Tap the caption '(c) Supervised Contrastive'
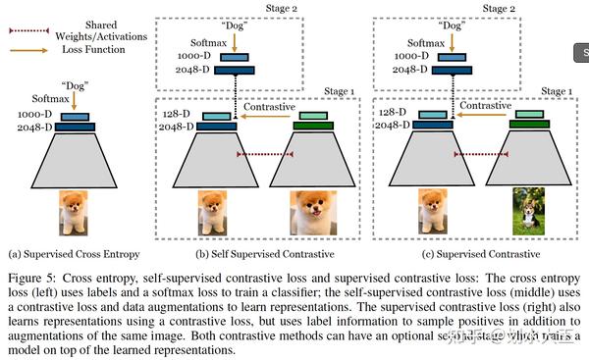coord(459,253)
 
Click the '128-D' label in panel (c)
coord(394,114)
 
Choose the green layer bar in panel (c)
coord(528,125)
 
